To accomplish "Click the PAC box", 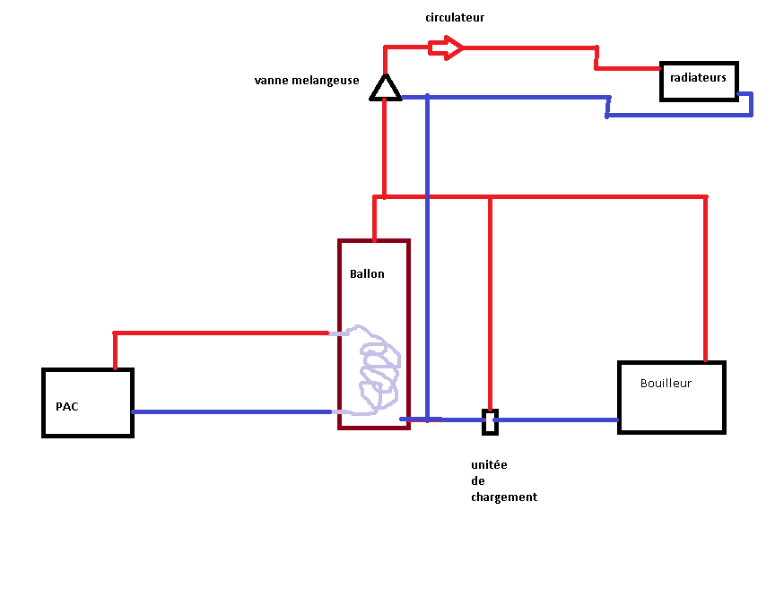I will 88,402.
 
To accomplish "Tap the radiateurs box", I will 699,81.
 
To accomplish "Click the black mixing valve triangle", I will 386,88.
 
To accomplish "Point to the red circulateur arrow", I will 446,47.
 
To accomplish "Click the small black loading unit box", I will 490,421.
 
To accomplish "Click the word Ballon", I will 367,273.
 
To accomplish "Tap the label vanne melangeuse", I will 307,81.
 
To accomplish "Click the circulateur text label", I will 456,17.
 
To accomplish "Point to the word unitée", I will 489,465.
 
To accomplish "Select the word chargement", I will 504,497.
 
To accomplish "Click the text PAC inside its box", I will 67,406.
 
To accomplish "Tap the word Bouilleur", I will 666,383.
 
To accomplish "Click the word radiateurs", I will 698,78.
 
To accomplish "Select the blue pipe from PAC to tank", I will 233,412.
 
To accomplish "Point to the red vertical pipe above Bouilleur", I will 706,278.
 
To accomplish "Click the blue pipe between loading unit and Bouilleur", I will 556,420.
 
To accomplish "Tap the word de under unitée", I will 477,481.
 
